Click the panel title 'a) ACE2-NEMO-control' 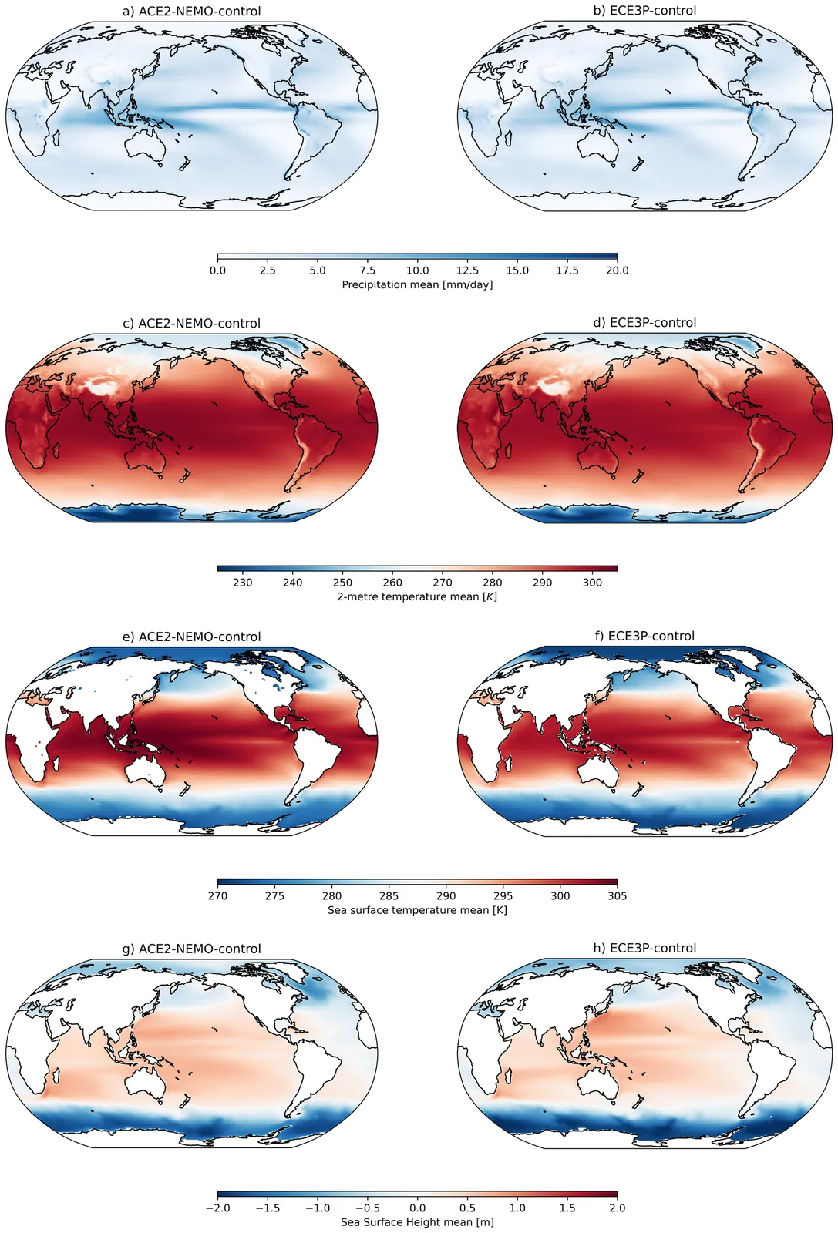pyautogui.click(x=192, y=11)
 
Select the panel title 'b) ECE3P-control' pyautogui.click(x=644, y=11)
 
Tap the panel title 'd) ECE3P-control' pyautogui.click(x=644, y=323)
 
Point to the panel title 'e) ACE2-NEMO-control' pyautogui.click(x=192, y=637)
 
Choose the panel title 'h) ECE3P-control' pyautogui.click(x=644, y=948)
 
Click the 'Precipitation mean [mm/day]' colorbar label pyautogui.click(x=417, y=284)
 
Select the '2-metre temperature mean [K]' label pyautogui.click(x=417, y=596)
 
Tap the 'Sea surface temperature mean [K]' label pyautogui.click(x=417, y=910)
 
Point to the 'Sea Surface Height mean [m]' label pyautogui.click(x=417, y=1222)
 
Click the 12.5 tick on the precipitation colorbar pyautogui.click(x=467, y=270)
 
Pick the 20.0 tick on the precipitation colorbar pyautogui.click(x=618, y=270)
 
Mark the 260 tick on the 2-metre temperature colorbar pyautogui.click(x=392, y=583)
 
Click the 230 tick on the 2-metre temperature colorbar pyautogui.click(x=243, y=583)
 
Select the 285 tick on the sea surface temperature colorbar pyautogui.click(x=389, y=895)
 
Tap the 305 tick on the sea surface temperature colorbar pyautogui.click(x=618, y=895)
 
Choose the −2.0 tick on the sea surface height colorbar pyautogui.click(x=217, y=1208)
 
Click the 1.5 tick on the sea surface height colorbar pyautogui.click(x=567, y=1208)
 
